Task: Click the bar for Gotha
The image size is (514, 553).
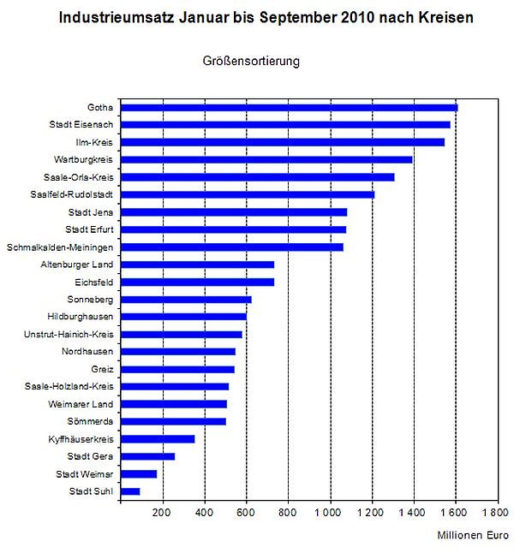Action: pyautogui.click(x=290, y=107)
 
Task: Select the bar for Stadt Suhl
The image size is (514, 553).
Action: pyautogui.click(x=130, y=491)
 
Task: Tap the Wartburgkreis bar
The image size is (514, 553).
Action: pyautogui.click(x=266, y=159)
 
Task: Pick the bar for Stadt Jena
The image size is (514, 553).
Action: pyautogui.click(x=234, y=211)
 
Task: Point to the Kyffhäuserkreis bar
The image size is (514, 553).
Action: pyautogui.click(x=158, y=439)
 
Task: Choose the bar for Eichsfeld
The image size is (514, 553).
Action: pyautogui.click(x=198, y=282)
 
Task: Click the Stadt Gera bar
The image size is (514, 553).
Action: pyautogui.click(x=148, y=456)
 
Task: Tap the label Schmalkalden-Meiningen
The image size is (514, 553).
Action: pyautogui.click(x=61, y=247)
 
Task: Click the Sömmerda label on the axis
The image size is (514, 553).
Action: pyautogui.click(x=91, y=421)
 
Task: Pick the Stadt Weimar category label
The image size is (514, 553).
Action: pyautogui.click(x=86, y=473)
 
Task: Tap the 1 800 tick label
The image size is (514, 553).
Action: pyautogui.click(x=494, y=513)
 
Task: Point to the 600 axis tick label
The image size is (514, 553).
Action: pyautogui.click(x=245, y=513)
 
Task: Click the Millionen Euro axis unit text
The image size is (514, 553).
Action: pyautogui.click(x=473, y=536)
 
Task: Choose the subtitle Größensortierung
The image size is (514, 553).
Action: pyautogui.click(x=251, y=62)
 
